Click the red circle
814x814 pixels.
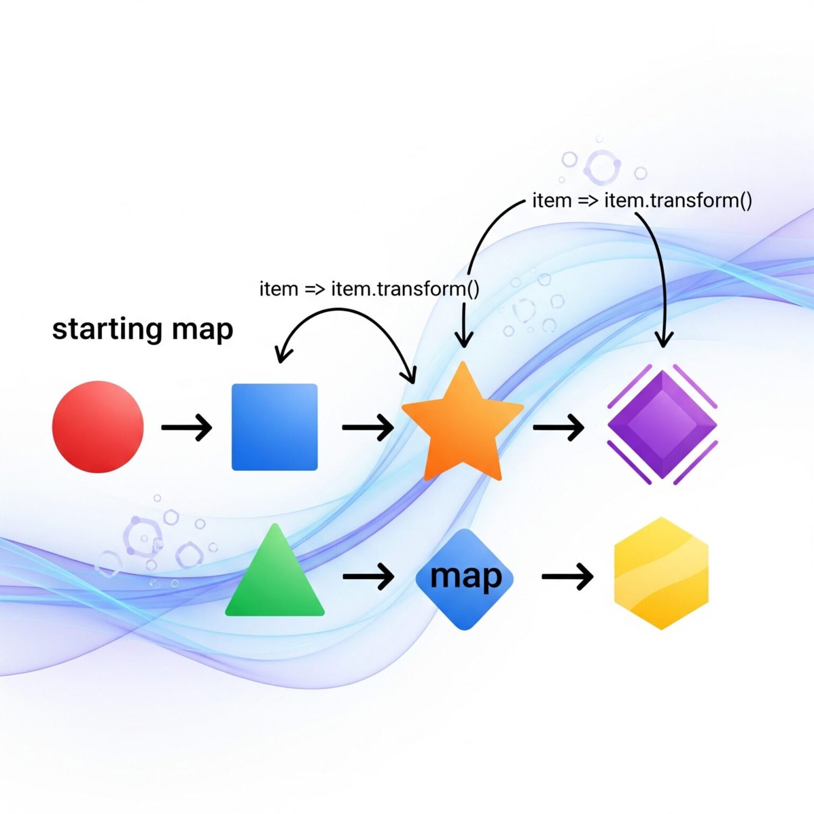click(x=98, y=427)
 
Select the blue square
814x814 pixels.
click(x=275, y=427)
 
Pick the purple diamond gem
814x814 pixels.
click(x=662, y=424)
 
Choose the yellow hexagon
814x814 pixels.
click(x=661, y=573)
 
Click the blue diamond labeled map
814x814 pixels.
click(x=465, y=579)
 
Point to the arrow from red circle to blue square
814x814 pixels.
click(x=187, y=427)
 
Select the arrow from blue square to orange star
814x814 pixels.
click(x=368, y=427)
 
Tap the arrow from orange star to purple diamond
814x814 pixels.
click(x=559, y=427)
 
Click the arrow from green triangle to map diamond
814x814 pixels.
click(x=368, y=576)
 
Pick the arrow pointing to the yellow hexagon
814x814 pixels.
click(x=567, y=576)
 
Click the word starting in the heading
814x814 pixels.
click(x=106, y=329)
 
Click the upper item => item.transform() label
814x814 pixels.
click(x=642, y=201)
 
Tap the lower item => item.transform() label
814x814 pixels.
click(x=369, y=289)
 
